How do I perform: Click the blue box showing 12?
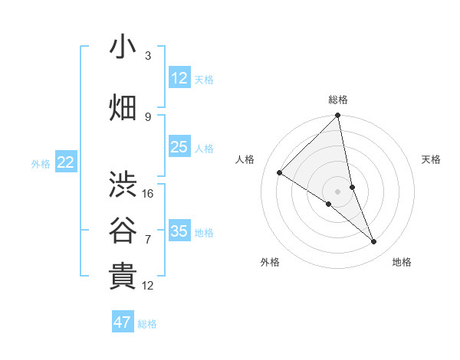tap(179, 77)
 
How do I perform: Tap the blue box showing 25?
tap(179, 147)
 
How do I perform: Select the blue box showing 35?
tap(179, 231)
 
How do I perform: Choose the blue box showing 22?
tap(66, 162)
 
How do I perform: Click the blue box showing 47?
tap(123, 322)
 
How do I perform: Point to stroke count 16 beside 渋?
tap(148, 194)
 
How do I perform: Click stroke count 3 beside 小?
tap(148, 56)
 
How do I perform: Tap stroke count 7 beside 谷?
tap(148, 239)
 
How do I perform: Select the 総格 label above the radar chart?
tap(338, 100)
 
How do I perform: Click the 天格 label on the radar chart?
tap(431, 159)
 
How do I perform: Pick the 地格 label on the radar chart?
tap(402, 262)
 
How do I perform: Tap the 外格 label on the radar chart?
tap(270, 262)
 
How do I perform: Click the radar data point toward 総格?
tap(338, 116)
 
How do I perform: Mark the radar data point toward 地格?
tap(374, 242)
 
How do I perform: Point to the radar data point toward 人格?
tap(280, 173)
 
